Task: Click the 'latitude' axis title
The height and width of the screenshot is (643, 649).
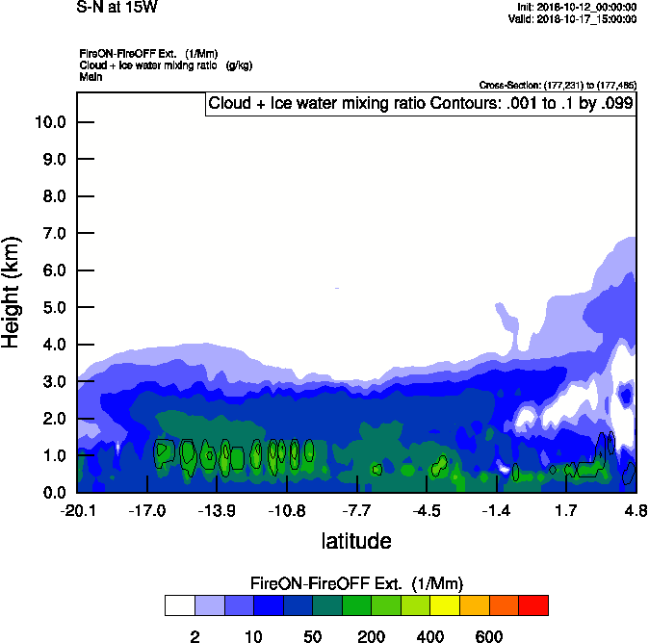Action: click(356, 541)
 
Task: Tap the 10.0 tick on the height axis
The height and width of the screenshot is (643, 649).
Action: click(49, 122)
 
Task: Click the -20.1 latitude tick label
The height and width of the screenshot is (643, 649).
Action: click(77, 510)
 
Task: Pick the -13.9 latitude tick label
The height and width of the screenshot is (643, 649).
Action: click(217, 510)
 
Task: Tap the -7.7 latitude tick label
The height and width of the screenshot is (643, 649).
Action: click(357, 510)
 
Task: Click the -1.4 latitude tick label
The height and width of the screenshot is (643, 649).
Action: click(496, 510)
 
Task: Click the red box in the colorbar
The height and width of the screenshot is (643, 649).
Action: click(533, 605)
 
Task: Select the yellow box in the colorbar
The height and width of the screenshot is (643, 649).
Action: click(445, 605)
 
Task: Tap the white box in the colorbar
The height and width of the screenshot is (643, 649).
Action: click(179, 605)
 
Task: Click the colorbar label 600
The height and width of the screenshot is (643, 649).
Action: click(489, 636)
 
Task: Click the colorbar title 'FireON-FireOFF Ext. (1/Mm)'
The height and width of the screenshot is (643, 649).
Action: click(356, 583)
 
